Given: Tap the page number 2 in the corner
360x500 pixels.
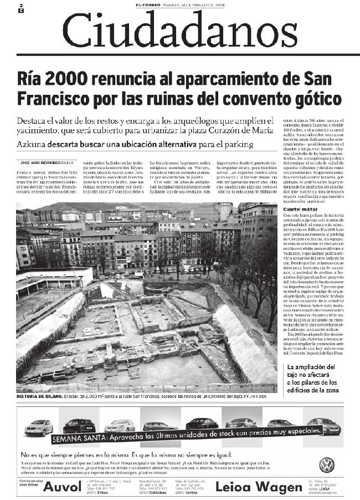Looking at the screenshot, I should [x=20, y=5].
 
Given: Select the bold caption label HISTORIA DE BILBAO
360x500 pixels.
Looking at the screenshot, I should [x=40, y=396].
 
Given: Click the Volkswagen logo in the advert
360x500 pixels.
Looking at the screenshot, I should [x=327, y=465].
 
